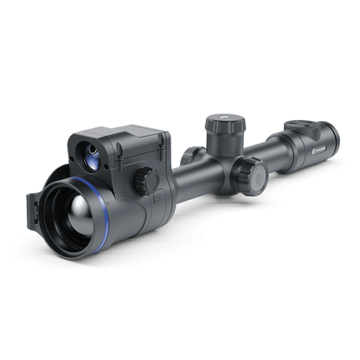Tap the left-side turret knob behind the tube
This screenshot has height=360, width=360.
(x=188, y=155)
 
